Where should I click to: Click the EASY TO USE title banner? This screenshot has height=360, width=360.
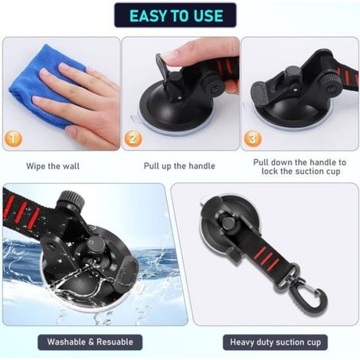[175, 15]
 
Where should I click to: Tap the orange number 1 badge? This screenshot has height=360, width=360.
[13, 139]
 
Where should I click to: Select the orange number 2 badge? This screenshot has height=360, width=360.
[133, 139]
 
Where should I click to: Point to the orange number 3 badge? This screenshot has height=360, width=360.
[253, 139]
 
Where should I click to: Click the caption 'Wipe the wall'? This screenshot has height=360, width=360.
[53, 166]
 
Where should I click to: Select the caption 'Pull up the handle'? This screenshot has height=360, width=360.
[179, 166]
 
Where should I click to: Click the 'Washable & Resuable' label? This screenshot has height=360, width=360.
[90, 342]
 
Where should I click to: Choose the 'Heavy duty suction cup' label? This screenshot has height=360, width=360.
[275, 342]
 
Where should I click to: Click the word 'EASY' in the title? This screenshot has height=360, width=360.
[148, 15]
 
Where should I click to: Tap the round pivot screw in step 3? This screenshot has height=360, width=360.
[332, 90]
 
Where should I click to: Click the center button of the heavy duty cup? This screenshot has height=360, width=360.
[228, 222]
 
